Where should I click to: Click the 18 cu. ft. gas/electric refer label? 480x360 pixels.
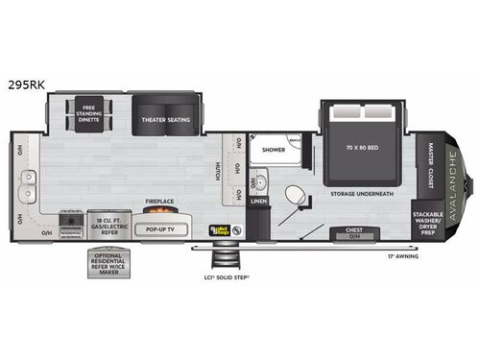[108, 227]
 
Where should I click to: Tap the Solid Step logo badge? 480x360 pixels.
[220, 230]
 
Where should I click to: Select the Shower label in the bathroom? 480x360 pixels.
[266, 149]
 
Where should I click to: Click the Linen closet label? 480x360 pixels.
[257, 202]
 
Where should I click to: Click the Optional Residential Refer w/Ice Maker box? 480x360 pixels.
[108, 265]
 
